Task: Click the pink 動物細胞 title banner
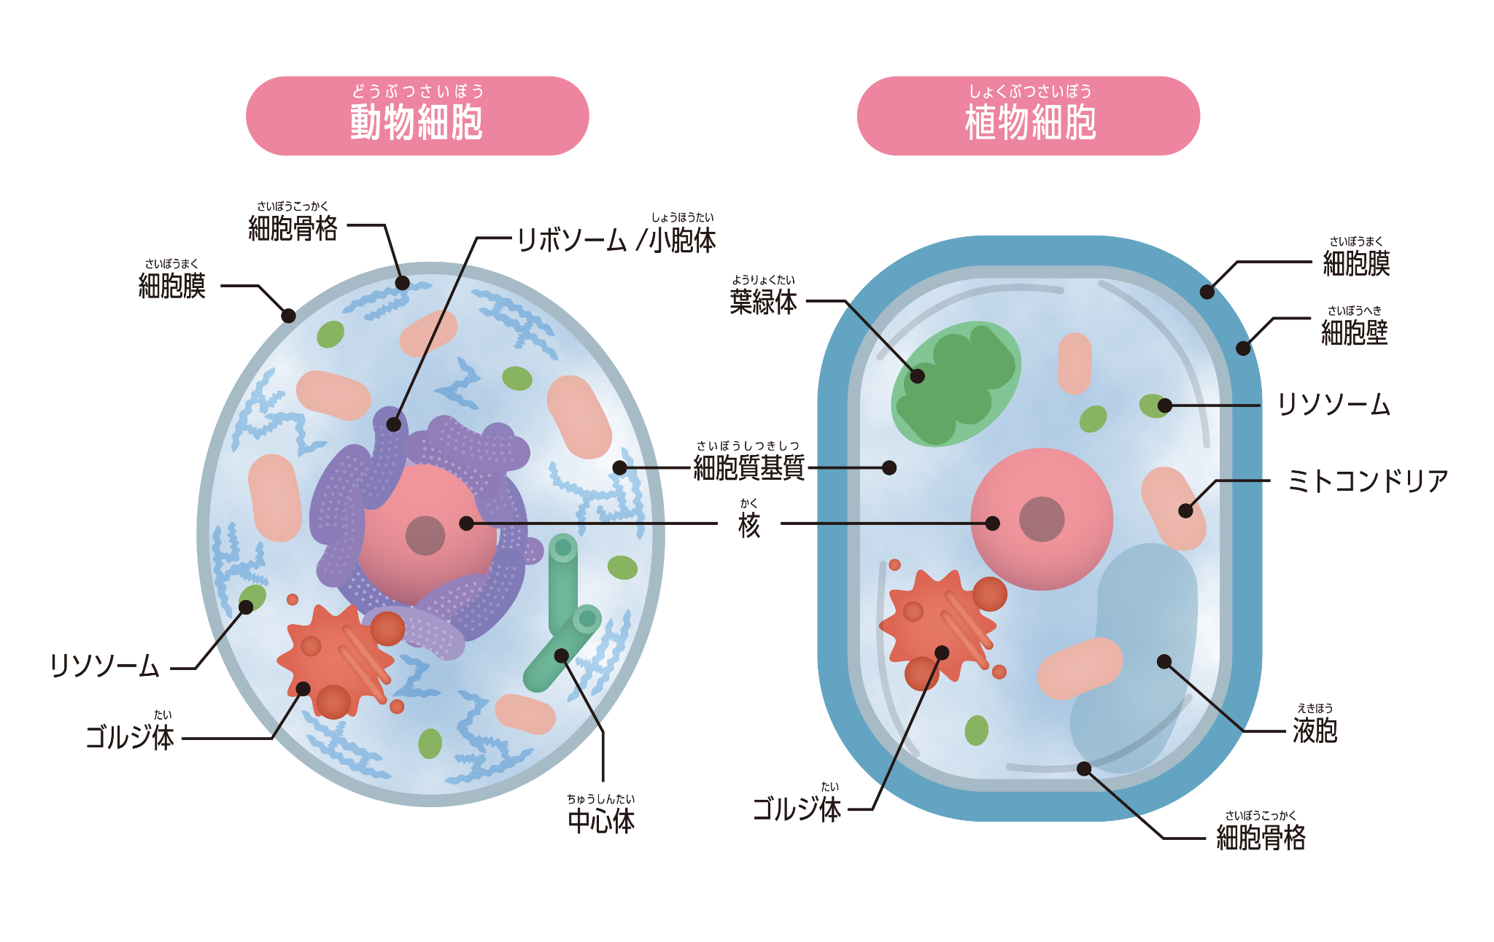[417, 116]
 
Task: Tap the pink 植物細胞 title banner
[1028, 116]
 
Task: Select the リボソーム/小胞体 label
[616, 239]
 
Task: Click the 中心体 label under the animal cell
[601, 821]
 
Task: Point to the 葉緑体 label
[763, 300]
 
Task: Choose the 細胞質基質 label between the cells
[748, 467]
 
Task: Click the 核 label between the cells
[749, 523]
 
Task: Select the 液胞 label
[1315, 730]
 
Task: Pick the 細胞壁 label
[1354, 332]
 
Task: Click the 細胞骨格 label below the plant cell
[1261, 837]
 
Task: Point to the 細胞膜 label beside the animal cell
[172, 285]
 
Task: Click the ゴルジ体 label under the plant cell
[797, 809]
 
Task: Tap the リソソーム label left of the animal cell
[105, 666]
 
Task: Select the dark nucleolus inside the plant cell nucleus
[1042, 519]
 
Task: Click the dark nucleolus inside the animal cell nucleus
[425, 535]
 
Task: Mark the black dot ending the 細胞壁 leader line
[1243, 349]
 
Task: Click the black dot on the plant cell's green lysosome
[1164, 405]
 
